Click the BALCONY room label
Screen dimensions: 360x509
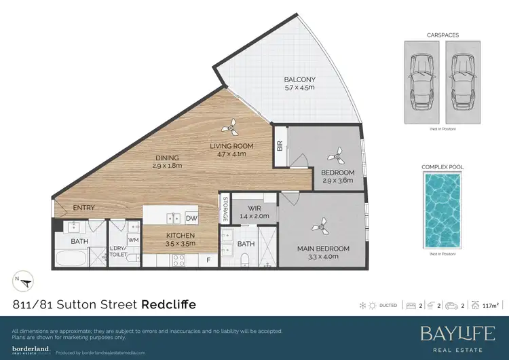pyautogui.click(x=299, y=84)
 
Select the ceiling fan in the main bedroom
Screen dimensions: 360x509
pyautogui.click(x=318, y=224)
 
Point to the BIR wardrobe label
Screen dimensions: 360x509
pyautogui.click(x=280, y=145)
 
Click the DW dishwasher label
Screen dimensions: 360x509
pyautogui.click(x=191, y=218)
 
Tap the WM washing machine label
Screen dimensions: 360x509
pyautogui.click(x=133, y=239)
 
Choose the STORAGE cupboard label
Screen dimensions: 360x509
pyautogui.click(x=225, y=210)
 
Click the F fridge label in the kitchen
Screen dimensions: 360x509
pyautogui.click(x=208, y=259)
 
